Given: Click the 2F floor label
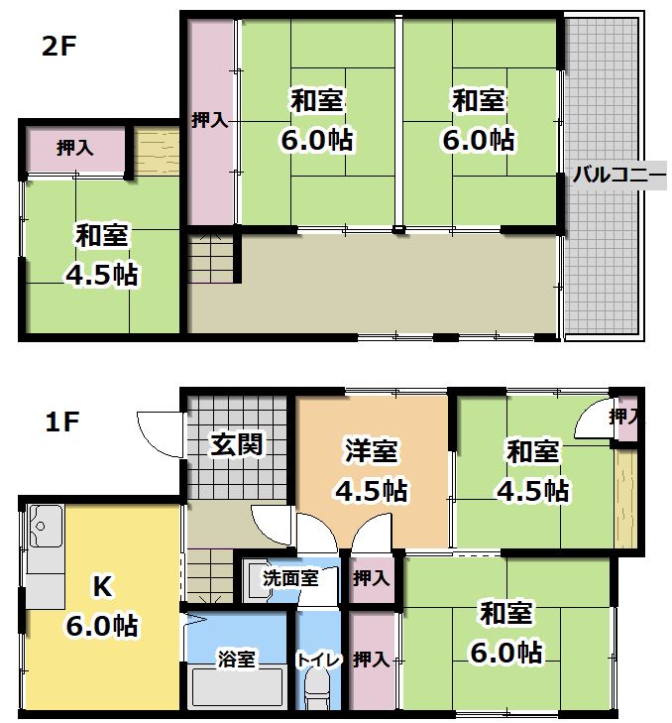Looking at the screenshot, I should tap(58, 47).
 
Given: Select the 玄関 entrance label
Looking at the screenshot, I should tap(237, 443).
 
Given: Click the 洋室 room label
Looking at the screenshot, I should tap(371, 452).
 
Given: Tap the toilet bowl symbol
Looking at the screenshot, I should tap(317, 688).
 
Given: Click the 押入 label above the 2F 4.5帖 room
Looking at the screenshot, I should tap(75, 149).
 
